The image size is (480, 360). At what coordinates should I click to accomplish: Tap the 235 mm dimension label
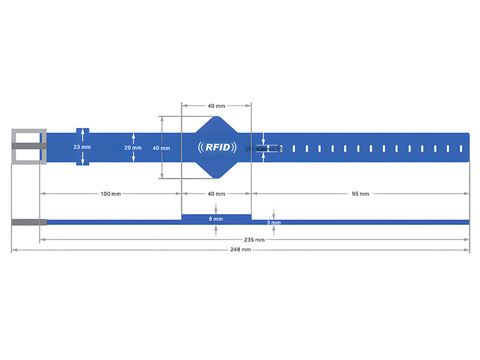coord(254,239)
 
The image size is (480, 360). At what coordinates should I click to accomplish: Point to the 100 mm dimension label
coord(110,194)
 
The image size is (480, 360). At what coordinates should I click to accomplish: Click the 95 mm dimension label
coord(360,194)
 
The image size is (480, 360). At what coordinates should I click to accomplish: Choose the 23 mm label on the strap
coord(82,147)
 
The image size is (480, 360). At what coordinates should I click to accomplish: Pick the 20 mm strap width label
coord(133,148)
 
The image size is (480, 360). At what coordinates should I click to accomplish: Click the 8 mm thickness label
coord(216,220)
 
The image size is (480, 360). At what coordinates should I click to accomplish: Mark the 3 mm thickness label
coord(274,223)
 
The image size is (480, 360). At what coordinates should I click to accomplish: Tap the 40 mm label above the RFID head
coord(216,106)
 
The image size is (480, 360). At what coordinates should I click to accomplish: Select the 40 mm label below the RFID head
coord(216,194)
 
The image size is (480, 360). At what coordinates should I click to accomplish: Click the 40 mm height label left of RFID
coord(161,148)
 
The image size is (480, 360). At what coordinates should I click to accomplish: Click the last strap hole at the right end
coord(461,148)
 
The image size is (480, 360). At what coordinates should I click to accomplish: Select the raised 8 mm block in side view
coord(216,217)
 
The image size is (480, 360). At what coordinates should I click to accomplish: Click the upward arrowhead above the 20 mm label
coord(133,136)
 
